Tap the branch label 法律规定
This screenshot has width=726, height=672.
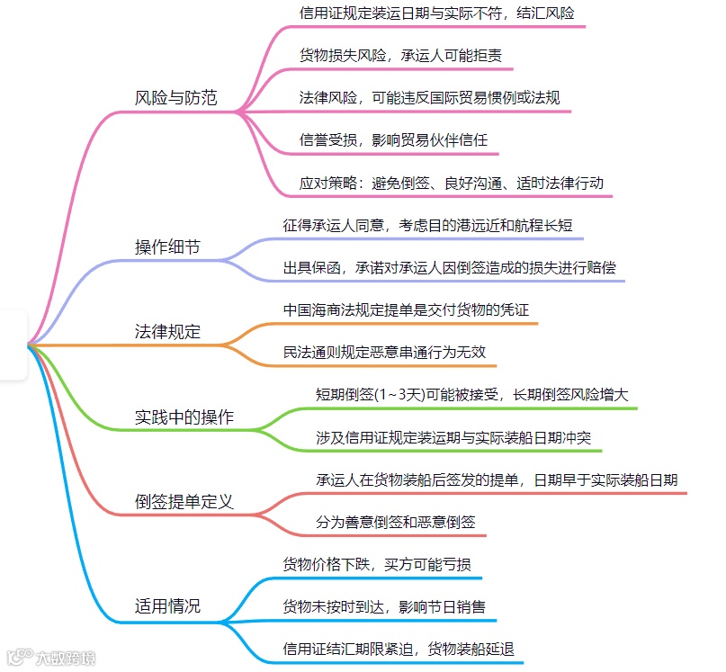(167, 332)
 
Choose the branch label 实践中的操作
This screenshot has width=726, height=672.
(184, 417)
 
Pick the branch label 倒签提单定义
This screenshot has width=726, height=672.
(184, 501)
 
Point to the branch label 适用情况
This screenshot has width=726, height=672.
(167, 605)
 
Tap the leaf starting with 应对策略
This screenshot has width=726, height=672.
(456, 182)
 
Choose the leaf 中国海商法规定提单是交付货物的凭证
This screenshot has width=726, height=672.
(412, 310)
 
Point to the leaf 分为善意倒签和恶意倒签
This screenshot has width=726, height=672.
(395, 522)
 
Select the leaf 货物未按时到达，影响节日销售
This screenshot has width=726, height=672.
(384, 606)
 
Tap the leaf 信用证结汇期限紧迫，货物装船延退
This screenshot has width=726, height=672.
(399, 648)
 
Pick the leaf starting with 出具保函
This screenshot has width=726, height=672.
(450, 267)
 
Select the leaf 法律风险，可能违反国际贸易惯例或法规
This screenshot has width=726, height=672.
(429, 97)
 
